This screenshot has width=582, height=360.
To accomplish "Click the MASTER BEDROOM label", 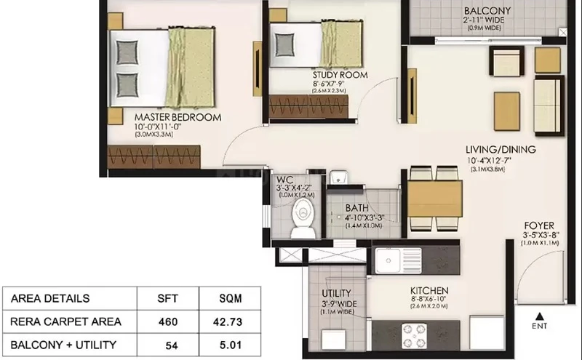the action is [x=178, y=117].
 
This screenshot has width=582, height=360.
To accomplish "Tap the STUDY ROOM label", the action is [x=340, y=75].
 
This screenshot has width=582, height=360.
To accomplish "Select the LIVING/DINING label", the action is [x=501, y=150].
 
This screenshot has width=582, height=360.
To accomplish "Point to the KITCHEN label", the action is [x=429, y=290].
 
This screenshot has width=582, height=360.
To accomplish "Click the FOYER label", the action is [x=539, y=225].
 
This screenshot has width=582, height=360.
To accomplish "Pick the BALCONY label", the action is [x=487, y=10].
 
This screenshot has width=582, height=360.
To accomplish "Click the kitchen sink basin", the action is [x=388, y=260].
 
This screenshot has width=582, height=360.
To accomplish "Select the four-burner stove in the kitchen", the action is [x=414, y=336].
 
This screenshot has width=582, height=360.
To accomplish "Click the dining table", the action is [x=434, y=199].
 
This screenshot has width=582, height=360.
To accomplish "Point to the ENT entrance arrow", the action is [x=540, y=316].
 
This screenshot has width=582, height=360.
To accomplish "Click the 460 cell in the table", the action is [x=168, y=321].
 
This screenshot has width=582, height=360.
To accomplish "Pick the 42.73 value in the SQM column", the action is [x=228, y=321].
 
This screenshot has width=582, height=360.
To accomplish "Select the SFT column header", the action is [x=167, y=298].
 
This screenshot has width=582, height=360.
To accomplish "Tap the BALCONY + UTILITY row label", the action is [x=63, y=345].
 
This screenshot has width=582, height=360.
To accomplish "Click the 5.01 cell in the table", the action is [x=231, y=345].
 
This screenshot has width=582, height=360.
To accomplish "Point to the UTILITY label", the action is [x=336, y=293].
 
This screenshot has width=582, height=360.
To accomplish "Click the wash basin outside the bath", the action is [x=338, y=177].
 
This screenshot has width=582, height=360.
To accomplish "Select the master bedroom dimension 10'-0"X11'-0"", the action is [x=157, y=127].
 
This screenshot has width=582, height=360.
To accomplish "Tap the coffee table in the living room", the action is [x=507, y=111].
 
